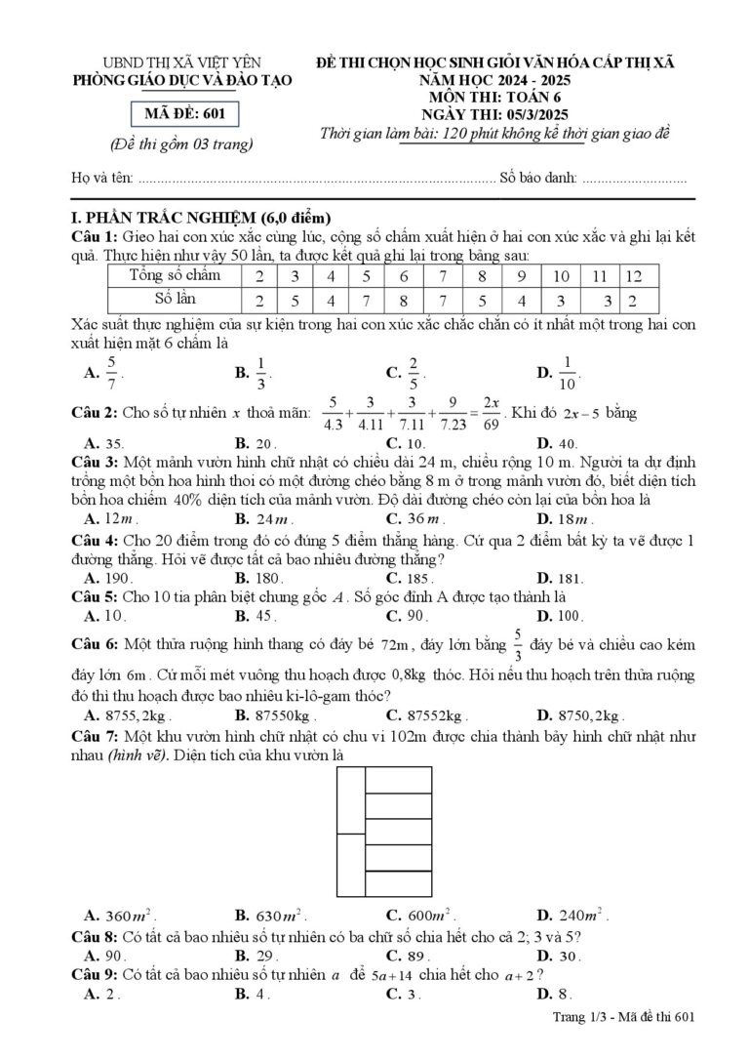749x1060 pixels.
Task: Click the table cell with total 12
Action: (x=634, y=276)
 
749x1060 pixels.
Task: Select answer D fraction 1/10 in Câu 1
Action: (x=570, y=371)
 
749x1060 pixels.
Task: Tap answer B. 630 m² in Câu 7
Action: (x=273, y=916)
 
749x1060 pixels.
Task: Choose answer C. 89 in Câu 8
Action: (x=409, y=955)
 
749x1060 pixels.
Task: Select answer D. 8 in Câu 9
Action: (x=557, y=994)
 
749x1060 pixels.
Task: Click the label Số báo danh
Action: (x=536, y=179)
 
